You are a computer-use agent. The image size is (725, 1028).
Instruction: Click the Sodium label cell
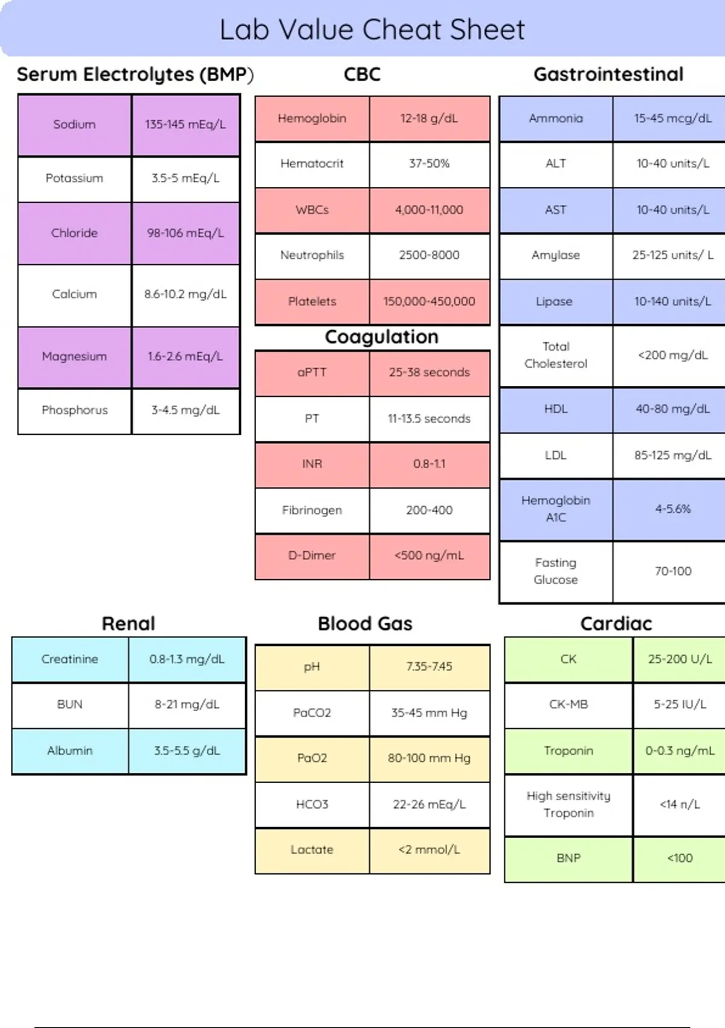[x=74, y=125]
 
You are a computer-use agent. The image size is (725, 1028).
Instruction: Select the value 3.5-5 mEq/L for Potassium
[x=185, y=178]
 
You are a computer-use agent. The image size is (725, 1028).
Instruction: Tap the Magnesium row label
[x=74, y=356]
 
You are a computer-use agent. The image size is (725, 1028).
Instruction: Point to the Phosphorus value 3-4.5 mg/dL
[x=185, y=410]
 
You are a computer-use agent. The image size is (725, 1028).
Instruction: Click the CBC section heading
[x=362, y=74]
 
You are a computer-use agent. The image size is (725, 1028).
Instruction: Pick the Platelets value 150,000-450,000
[x=429, y=302]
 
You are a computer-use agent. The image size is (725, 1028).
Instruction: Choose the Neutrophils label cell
[x=312, y=255]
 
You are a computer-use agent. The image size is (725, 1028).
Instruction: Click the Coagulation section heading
[x=381, y=337]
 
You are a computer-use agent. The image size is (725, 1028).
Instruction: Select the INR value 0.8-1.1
[x=429, y=464]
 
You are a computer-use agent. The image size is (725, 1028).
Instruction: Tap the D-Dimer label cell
[x=312, y=555]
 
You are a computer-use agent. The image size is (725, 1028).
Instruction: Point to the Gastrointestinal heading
[x=608, y=74]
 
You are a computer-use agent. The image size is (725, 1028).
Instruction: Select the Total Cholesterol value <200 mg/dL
[x=672, y=355]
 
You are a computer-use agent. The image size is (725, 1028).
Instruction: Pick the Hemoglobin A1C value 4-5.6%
[x=672, y=509]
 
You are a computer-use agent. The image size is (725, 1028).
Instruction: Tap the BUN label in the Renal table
[x=69, y=704]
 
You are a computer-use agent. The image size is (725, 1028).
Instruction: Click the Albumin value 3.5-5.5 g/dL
[x=187, y=751]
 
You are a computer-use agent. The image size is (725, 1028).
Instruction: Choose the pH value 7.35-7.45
[x=429, y=666]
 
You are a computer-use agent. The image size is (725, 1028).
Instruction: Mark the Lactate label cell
[x=312, y=850]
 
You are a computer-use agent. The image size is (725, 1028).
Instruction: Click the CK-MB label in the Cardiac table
[x=568, y=704]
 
